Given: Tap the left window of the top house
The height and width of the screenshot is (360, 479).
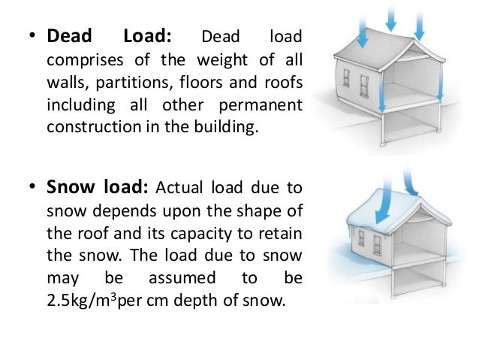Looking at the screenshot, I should [x=346, y=78].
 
